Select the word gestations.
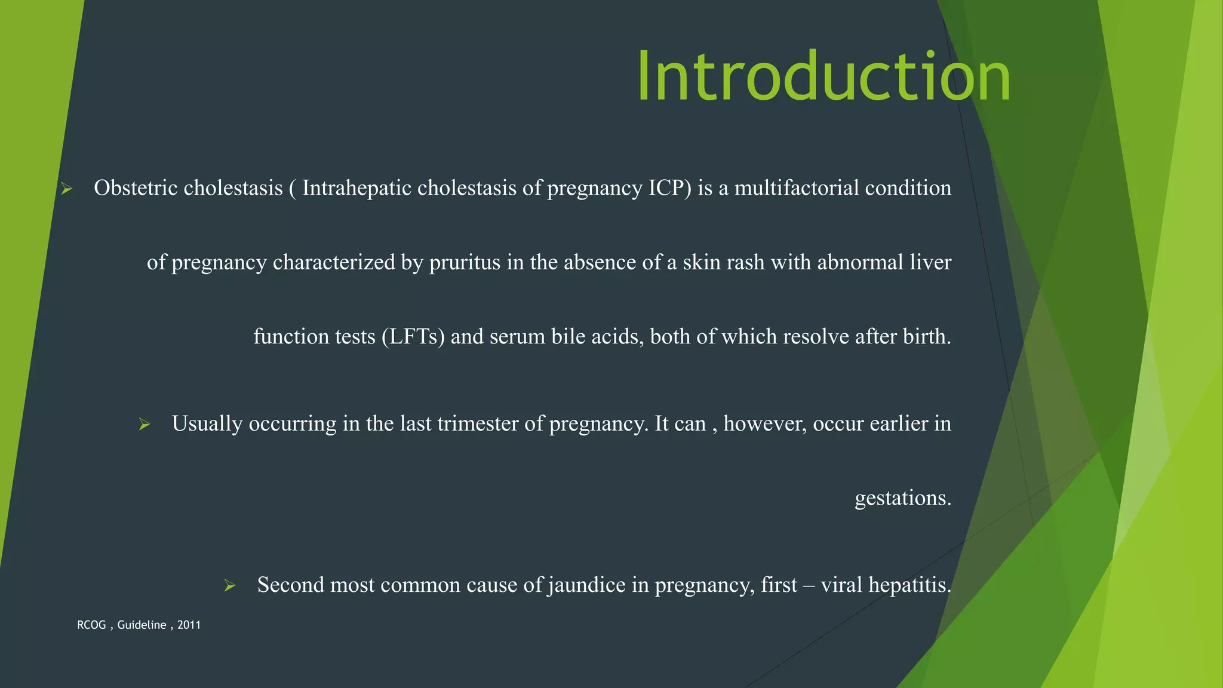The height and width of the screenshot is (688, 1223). (902, 498)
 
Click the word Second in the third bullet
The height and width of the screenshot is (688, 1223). (290, 585)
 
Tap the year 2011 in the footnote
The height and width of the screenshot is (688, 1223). (189, 625)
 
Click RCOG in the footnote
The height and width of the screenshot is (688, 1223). (91, 625)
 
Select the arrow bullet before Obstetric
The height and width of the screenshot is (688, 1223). (66, 189)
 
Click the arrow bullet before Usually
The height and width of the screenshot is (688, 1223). (144, 425)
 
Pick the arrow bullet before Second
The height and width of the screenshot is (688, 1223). (230, 586)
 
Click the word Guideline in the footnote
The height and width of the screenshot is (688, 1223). (142, 625)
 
